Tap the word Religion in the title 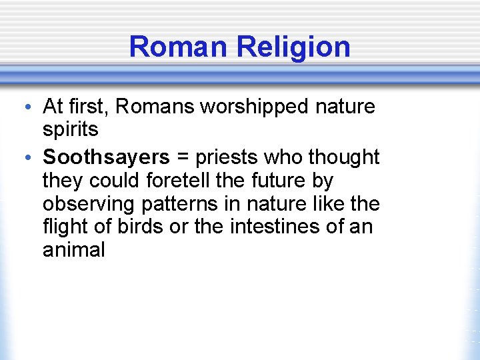[x=293, y=47]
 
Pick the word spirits [x=70, y=129]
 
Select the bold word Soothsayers [x=107, y=157]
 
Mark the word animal [x=73, y=250]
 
